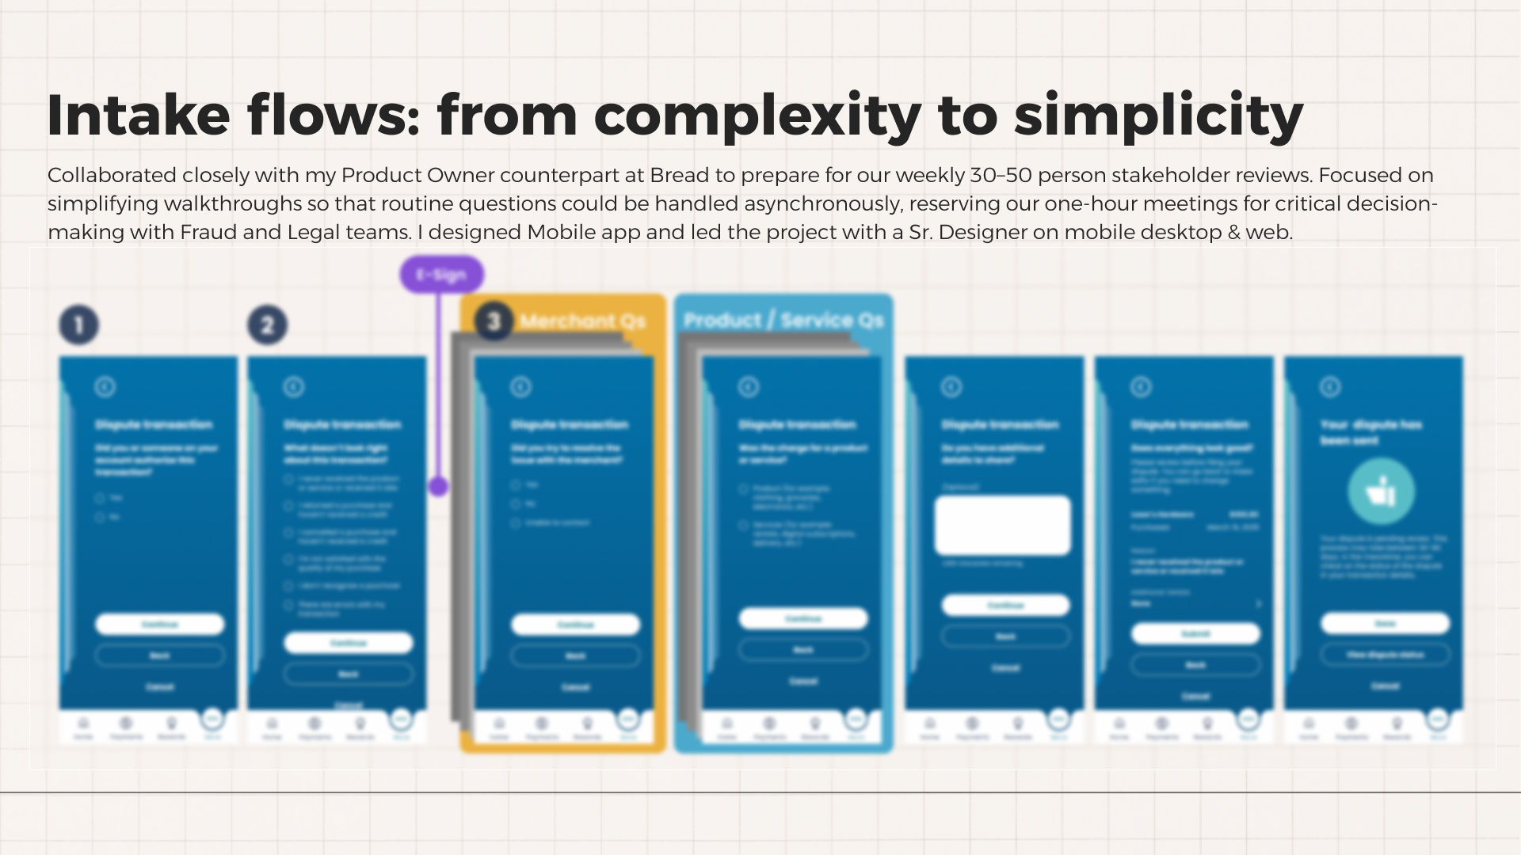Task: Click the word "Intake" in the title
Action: tap(139, 116)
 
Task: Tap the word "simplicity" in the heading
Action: tap(1158, 116)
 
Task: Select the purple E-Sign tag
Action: tap(441, 275)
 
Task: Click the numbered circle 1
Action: tap(78, 325)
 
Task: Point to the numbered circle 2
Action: tap(267, 325)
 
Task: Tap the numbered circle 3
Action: tap(494, 321)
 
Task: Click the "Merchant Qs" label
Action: tap(582, 321)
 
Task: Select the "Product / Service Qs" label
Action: tap(783, 321)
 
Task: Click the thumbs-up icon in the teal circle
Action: tap(1381, 492)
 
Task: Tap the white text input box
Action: tap(1002, 525)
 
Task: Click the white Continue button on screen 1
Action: tap(159, 625)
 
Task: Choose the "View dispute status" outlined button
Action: tap(1385, 655)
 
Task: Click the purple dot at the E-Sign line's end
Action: tap(438, 486)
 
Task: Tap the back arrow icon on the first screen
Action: tap(105, 387)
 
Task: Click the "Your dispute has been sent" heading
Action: tap(1370, 432)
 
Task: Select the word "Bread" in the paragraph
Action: tap(680, 175)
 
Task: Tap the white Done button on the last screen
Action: tap(1385, 624)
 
